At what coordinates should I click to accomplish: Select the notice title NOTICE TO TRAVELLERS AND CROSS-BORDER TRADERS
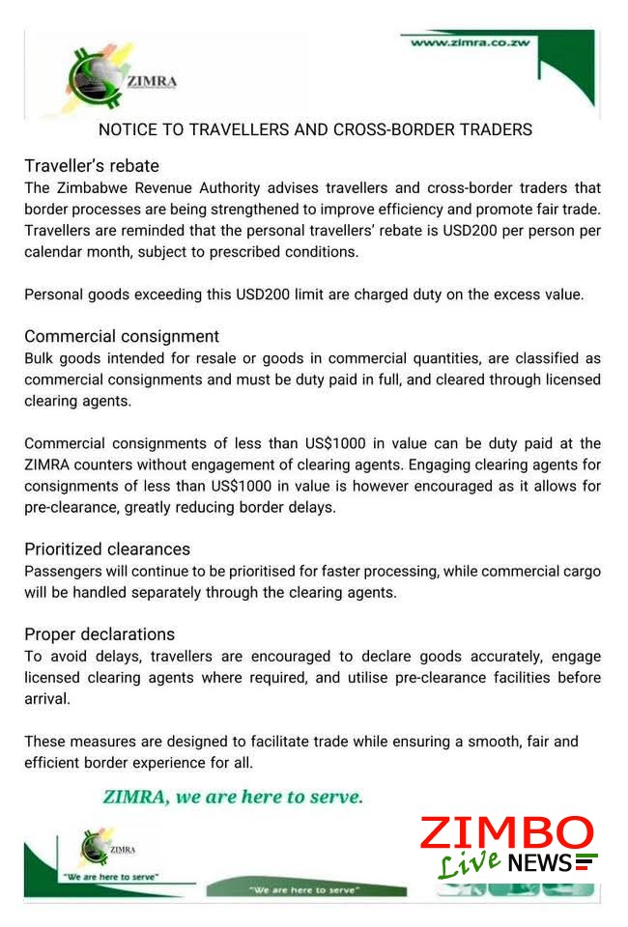pyautogui.click(x=315, y=129)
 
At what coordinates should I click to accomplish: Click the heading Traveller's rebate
pyautogui.click(x=92, y=165)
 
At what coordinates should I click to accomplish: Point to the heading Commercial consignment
pyautogui.click(x=122, y=336)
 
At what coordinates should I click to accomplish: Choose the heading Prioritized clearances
pyautogui.click(x=107, y=549)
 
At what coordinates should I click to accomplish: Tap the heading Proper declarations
pyautogui.click(x=100, y=634)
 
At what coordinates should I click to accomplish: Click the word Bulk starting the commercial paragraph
pyautogui.click(x=41, y=358)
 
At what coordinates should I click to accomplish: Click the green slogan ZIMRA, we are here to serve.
pyautogui.click(x=233, y=798)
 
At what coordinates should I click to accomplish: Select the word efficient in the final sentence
pyautogui.click(x=54, y=763)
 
